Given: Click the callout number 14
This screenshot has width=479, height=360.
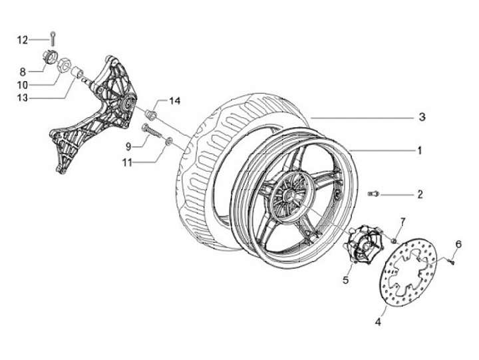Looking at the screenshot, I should click(x=174, y=101).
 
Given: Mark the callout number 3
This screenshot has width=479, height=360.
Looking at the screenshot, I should click(x=422, y=117).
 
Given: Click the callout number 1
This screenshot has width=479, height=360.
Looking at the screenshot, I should click(x=420, y=151).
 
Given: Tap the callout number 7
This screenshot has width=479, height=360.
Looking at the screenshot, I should click(x=402, y=221).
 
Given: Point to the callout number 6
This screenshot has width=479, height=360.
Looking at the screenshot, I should click(x=458, y=245).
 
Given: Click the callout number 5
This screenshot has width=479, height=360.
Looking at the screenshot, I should click(x=346, y=280).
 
